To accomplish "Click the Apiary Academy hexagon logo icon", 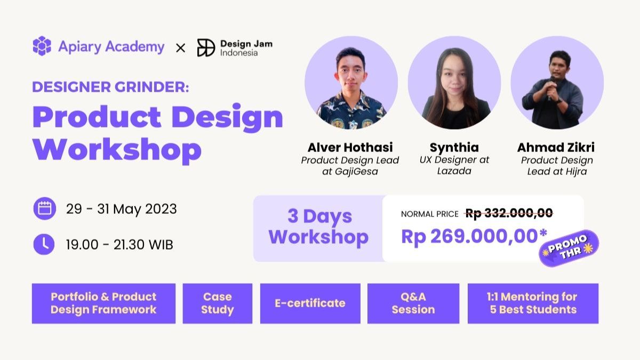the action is click(42, 46).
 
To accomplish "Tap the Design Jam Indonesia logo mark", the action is click(206, 47).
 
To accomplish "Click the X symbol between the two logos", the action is click(181, 48).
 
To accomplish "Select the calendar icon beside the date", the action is click(45, 209).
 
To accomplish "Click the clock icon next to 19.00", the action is click(44, 244).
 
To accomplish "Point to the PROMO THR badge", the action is click(569, 249).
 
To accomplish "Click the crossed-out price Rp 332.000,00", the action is click(509, 213).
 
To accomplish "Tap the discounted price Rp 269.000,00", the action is click(474, 236).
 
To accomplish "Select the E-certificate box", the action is click(310, 303).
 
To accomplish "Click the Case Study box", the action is click(218, 303).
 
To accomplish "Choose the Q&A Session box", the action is click(413, 303).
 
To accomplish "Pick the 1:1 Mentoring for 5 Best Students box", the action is click(533, 303).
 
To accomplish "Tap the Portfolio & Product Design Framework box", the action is click(103, 303).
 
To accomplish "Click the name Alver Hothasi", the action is click(350, 147).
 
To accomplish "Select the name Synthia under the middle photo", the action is click(454, 148).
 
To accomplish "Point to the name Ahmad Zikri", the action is click(556, 147).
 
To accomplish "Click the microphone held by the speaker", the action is click(551, 87).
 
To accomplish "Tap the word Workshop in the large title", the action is click(117, 150).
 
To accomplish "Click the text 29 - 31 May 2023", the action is click(122, 209).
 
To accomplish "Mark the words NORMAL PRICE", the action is click(430, 214).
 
